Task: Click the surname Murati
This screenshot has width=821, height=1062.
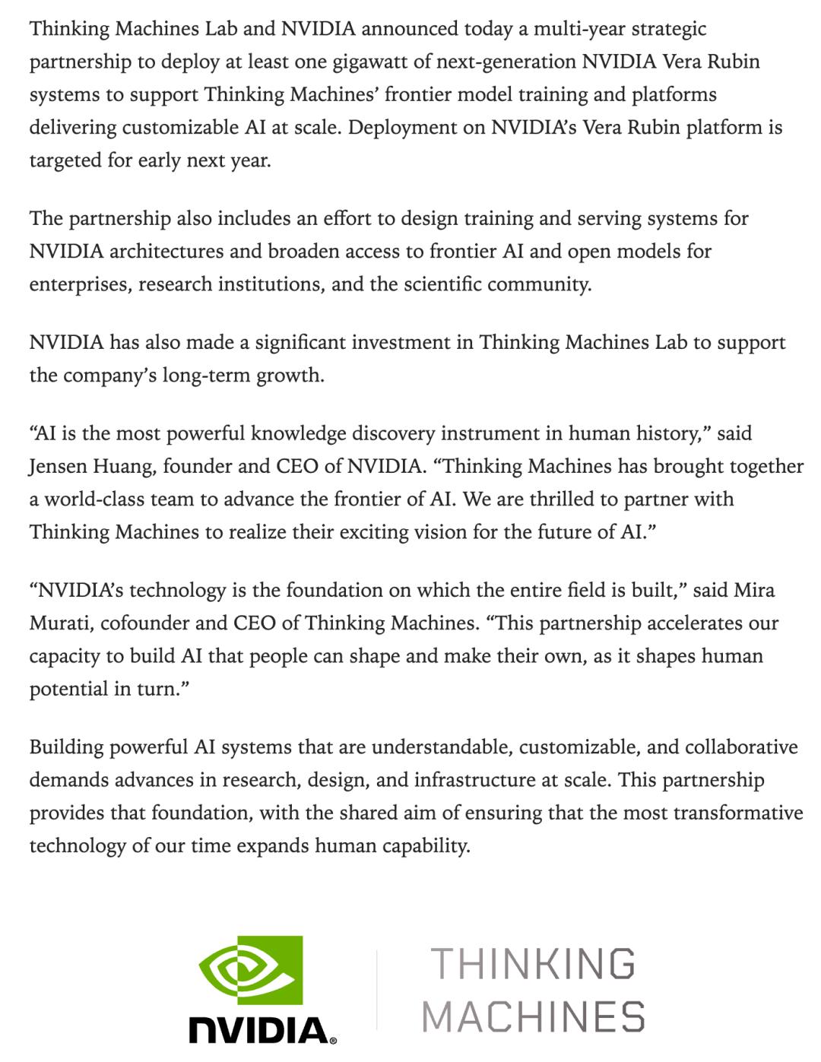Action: click(60, 623)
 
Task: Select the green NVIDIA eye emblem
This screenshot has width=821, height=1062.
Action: click(250, 970)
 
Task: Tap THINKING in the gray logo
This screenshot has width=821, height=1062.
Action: click(532, 964)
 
